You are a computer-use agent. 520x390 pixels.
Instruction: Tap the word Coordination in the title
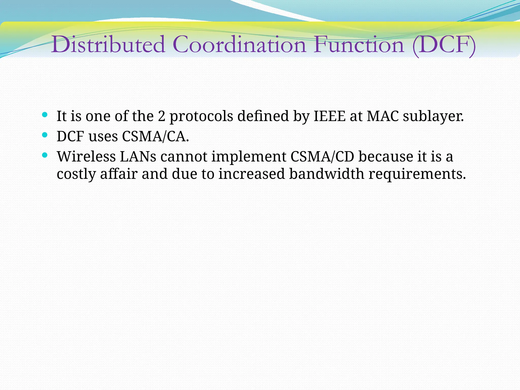239,45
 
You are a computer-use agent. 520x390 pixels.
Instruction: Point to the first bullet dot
45,115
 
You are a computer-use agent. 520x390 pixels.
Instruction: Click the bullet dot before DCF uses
45,135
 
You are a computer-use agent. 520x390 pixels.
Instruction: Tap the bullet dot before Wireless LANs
45,155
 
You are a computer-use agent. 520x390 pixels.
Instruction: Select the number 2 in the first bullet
161,116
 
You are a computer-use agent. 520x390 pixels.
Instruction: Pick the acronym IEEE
330,116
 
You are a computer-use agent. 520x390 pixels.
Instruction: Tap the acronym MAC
383,116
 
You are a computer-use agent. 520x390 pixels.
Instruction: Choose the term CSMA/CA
155,137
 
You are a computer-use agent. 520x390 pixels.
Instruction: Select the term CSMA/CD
322,157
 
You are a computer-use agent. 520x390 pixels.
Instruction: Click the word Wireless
86,157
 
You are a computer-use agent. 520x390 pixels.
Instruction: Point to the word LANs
138,157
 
